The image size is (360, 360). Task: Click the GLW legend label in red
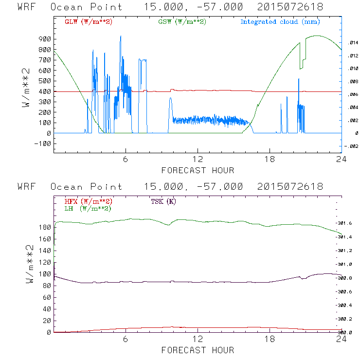(89, 22)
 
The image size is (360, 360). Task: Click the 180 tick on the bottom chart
(45, 227)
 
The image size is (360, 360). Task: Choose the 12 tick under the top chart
(198, 160)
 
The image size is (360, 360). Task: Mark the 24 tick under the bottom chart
(342, 340)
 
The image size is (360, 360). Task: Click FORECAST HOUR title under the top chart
(198, 170)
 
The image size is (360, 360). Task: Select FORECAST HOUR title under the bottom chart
(198, 350)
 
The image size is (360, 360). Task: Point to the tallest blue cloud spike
(121, 37)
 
